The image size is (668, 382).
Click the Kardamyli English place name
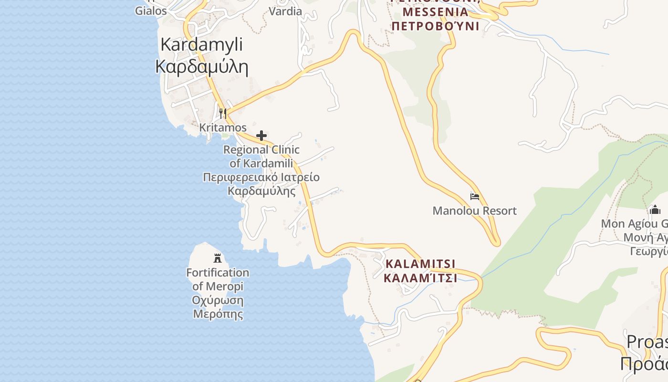pyautogui.click(x=201, y=44)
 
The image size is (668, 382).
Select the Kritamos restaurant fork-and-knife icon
pyautogui.click(x=223, y=114)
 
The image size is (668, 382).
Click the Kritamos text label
pyautogui.click(x=223, y=127)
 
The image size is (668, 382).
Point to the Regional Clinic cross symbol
pyautogui.click(x=261, y=136)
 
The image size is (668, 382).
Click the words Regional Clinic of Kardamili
pyautogui.click(x=261, y=156)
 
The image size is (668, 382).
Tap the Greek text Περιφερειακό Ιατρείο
pyautogui.click(x=261, y=178)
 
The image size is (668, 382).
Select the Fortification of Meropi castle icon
pyautogui.click(x=218, y=258)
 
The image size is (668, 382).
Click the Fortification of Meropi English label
pyautogui.click(x=218, y=279)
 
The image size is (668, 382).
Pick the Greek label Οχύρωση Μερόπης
pyautogui.click(x=218, y=307)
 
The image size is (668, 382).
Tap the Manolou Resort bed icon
pyautogui.click(x=474, y=196)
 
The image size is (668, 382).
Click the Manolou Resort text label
pyautogui.click(x=474, y=211)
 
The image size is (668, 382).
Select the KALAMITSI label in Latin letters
pyautogui.click(x=420, y=264)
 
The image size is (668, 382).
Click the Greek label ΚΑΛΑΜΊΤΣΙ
pyautogui.click(x=420, y=278)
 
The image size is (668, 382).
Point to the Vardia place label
pyautogui.click(x=285, y=11)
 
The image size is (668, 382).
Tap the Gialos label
pyautogui.click(x=151, y=11)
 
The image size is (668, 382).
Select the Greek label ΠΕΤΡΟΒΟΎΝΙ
pyautogui.click(x=435, y=25)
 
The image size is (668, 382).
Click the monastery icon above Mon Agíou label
pyautogui.click(x=655, y=210)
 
